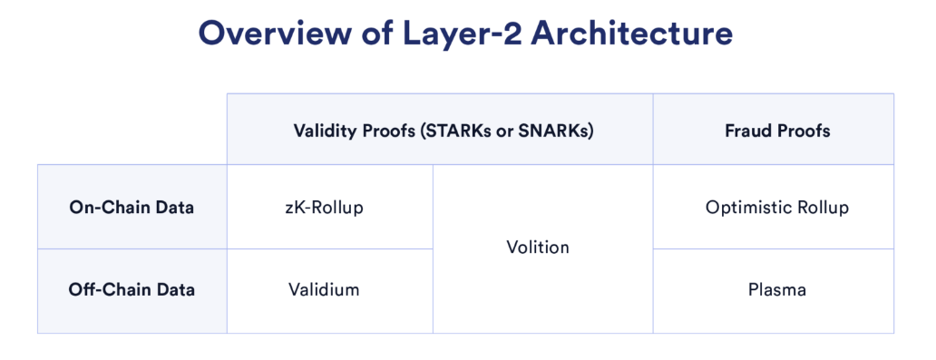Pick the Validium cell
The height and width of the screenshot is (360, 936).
(x=325, y=290)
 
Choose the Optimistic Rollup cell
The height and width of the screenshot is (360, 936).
(x=777, y=208)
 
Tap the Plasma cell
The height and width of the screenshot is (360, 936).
(x=777, y=290)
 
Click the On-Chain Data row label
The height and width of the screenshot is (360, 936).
(x=132, y=208)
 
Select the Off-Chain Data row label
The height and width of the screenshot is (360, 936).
(x=132, y=290)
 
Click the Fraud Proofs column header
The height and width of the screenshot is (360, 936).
(x=777, y=131)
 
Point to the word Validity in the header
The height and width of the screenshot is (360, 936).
(x=324, y=131)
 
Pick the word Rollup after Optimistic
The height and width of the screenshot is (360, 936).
(x=820, y=208)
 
